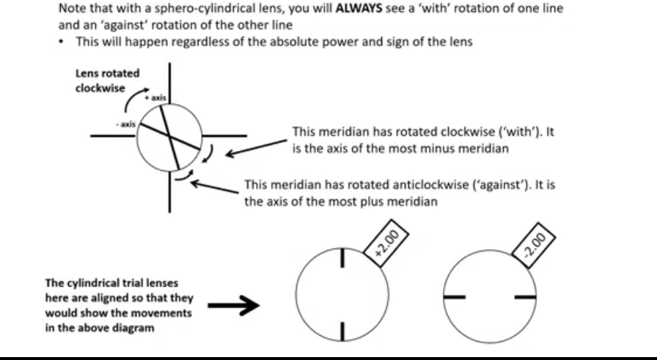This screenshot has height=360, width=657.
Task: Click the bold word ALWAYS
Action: pyautogui.click(x=359, y=8)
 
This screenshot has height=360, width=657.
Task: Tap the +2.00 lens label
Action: pyautogui.click(x=386, y=243)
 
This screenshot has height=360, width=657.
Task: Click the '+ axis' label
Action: pyautogui.click(x=155, y=98)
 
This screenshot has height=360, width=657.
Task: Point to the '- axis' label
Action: pyautogui.click(x=126, y=124)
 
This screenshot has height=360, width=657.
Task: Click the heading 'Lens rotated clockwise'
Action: pyautogui.click(x=108, y=81)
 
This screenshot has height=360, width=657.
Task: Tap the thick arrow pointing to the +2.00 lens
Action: pyautogui.click(x=234, y=305)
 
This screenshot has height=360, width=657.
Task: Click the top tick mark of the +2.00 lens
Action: pyautogui.click(x=342, y=257)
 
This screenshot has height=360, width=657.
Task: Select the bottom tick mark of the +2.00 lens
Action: pyautogui.click(x=342, y=331)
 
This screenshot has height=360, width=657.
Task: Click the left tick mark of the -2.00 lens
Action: pyautogui.click(x=454, y=297)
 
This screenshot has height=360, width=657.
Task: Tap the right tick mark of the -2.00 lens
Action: pyautogui.click(x=526, y=297)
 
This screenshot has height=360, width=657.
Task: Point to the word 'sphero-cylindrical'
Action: pyautogui.click(x=197, y=9)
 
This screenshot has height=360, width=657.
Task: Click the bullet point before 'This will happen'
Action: pyautogui.click(x=62, y=42)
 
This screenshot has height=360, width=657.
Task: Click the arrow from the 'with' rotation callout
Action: pyautogui.click(x=256, y=148)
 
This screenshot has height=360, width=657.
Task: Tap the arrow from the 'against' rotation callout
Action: pyautogui.click(x=215, y=187)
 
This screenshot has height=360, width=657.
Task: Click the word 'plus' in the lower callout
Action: pyautogui.click(x=371, y=202)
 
